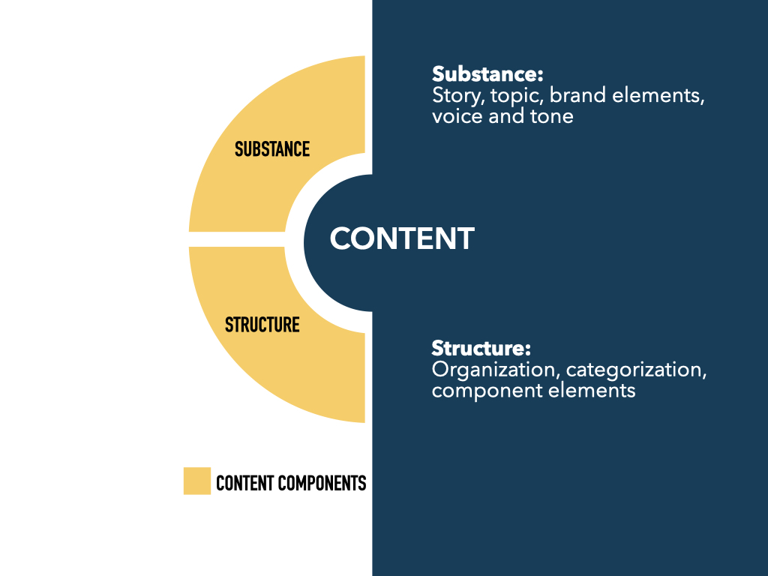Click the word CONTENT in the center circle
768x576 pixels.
click(402, 238)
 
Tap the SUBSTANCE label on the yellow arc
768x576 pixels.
click(272, 149)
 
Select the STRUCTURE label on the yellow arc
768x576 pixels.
click(262, 325)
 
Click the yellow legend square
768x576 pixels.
click(197, 481)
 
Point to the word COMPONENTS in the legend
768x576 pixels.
click(322, 483)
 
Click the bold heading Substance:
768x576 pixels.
click(487, 74)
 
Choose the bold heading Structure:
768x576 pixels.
click(481, 349)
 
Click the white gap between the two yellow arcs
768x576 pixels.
click(237, 238)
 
